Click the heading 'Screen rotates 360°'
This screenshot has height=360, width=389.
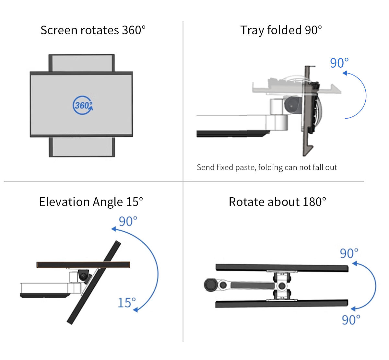pos(93,30)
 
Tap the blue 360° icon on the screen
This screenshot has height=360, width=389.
pos(83,105)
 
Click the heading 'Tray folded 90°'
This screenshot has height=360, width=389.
pos(281,30)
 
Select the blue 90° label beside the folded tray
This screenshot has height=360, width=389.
pos(339,63)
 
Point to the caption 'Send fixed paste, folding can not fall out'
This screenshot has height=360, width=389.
pos(267,168)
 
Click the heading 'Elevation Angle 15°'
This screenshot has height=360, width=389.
pos(91,202)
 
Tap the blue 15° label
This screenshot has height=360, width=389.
pos(126,303)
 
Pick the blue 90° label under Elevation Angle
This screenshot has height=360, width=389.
pos(128,222)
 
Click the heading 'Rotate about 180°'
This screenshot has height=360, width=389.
pos(277,202)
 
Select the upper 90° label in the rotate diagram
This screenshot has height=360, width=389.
pos(349,253)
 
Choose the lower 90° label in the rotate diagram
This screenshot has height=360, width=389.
pos(351,320)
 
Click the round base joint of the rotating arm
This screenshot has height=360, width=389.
pos(211,285)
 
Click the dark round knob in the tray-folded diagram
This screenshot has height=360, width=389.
pos(291,105)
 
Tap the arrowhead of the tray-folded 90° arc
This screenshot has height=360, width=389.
pos(345,73)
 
